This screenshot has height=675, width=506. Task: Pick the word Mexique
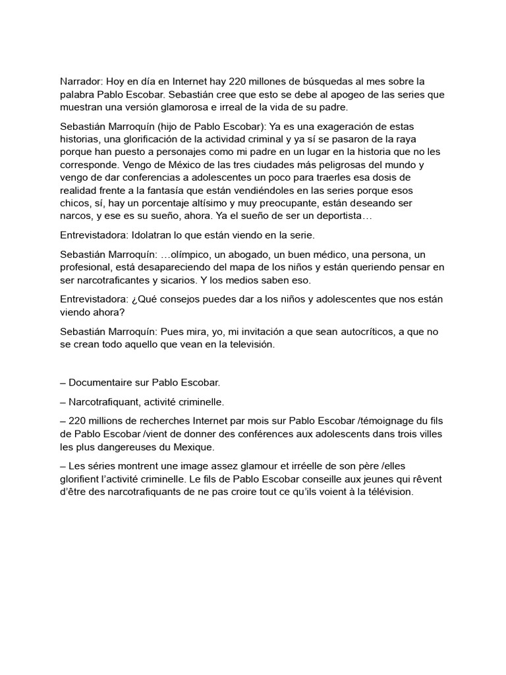coord(189,448)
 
